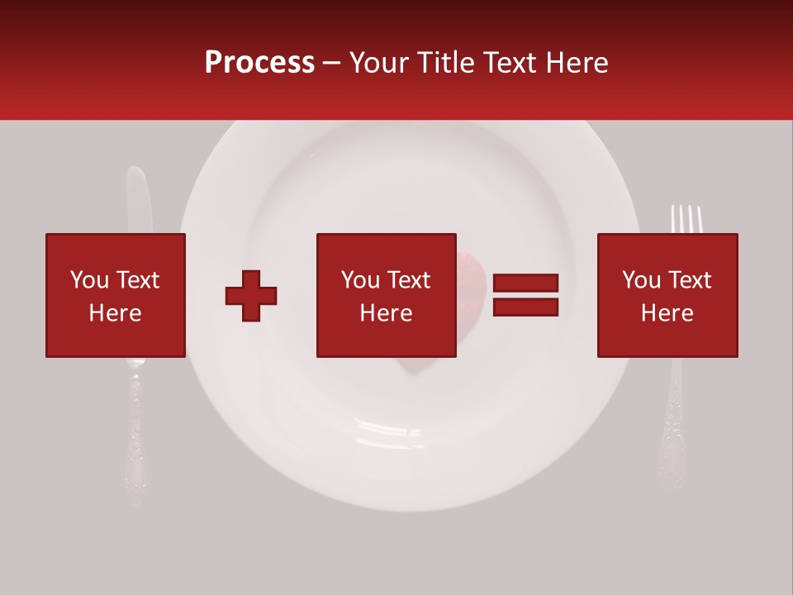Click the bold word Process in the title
tap(259, 63)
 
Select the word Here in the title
tap(576, 63)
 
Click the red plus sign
tap(251, 296)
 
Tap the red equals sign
tap(525, 296)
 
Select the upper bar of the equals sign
tap(525, 283)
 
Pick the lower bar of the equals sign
tap(525, 307)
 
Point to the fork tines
tap(686, 218)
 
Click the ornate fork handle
tap(673, 430)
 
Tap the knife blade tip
tap(135, 174)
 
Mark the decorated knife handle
tap(133, 438)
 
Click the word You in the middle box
tap(360, 281)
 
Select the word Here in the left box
tap(115, 313)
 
